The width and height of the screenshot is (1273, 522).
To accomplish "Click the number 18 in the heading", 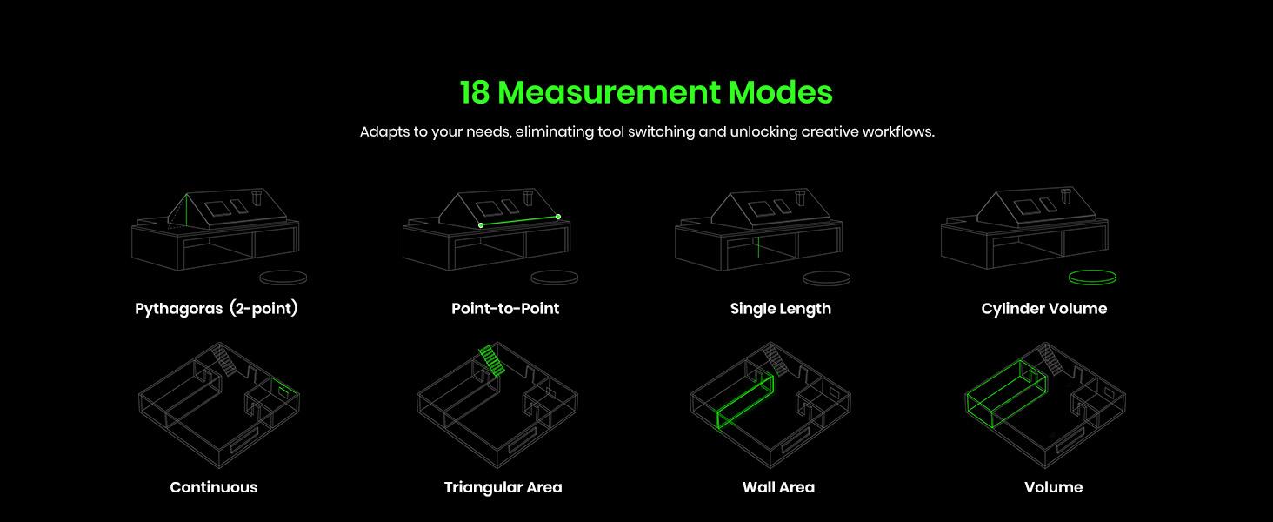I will [475, 92].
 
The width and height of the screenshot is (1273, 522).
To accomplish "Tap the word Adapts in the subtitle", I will [383, 132].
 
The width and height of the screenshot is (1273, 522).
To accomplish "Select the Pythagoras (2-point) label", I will [217, 309].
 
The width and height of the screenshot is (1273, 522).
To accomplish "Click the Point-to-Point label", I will [505, 309].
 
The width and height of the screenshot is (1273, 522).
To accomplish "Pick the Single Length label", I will [780, 309].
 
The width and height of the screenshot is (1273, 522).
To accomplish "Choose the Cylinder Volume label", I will [1043, 309].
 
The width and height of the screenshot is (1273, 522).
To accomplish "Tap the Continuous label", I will [214, 487].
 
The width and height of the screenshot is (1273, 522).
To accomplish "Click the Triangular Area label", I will [503, 487].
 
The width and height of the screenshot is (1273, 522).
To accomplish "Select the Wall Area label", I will [778, 487].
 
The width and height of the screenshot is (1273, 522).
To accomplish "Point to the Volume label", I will [1053, 487].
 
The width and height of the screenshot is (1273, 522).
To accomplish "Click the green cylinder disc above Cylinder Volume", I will [1092, 278].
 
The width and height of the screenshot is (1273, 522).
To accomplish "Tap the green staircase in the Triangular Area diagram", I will [491, 360].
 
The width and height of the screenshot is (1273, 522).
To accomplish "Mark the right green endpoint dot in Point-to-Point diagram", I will [558, 217].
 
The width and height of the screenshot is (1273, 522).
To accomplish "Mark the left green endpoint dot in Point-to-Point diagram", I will [481, 225].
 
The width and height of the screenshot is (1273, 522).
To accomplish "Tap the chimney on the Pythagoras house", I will [255, 198].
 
